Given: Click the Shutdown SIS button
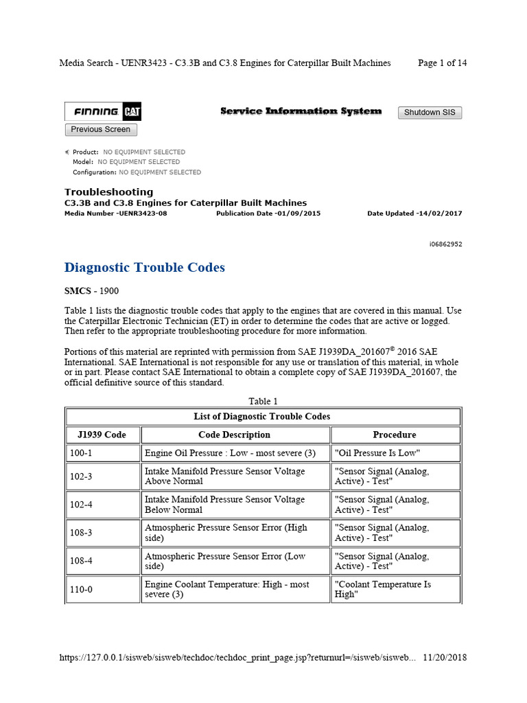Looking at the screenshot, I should pos(430,113).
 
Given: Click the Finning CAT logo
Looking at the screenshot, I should pos(103,112).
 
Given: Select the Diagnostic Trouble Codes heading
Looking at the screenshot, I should pos(144,268).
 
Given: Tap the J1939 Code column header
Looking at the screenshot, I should pos(97,435).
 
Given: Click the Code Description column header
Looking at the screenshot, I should pos(234,435).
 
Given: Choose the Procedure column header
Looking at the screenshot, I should pos(395,435).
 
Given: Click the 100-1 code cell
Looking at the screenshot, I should pos(81,453).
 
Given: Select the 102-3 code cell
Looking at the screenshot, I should pos(81,476).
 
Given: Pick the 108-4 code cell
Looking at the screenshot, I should pos(81,561).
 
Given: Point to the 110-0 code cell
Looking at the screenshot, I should pos(81,590).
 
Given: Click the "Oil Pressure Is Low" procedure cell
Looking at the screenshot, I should pos(377,453).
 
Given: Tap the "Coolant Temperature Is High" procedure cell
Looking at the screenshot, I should pos(382,589).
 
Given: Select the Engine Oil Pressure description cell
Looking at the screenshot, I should pos(230,453).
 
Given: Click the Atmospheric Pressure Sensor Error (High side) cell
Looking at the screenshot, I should pos(226,533).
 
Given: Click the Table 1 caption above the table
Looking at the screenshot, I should pos(263,401).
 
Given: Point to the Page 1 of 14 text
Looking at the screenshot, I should pos(442,63).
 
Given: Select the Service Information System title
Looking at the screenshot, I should pos(301,111).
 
